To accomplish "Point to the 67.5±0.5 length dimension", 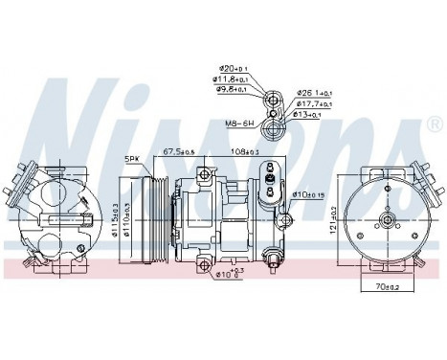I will pos(179,151).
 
